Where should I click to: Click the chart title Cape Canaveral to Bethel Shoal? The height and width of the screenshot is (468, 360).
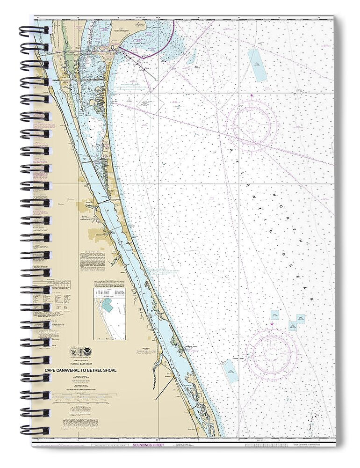click(x=80, y=370)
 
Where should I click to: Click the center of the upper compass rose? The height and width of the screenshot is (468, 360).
click(x=252, y=125)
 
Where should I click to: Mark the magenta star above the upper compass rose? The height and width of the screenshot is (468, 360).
click(x=252, y=96)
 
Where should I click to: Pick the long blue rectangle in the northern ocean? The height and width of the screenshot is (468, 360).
click(x=257, y=66)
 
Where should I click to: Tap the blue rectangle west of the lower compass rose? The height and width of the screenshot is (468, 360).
click(x=230, y=371)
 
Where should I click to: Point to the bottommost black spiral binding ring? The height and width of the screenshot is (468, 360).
click(x=34, y=430)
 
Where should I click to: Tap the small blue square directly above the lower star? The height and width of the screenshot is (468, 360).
click(x=274, y=314)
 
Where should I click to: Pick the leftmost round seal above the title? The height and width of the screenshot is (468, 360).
click(x=73, y=351)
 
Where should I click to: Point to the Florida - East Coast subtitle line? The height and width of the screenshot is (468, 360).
click(x=80, y=364)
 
